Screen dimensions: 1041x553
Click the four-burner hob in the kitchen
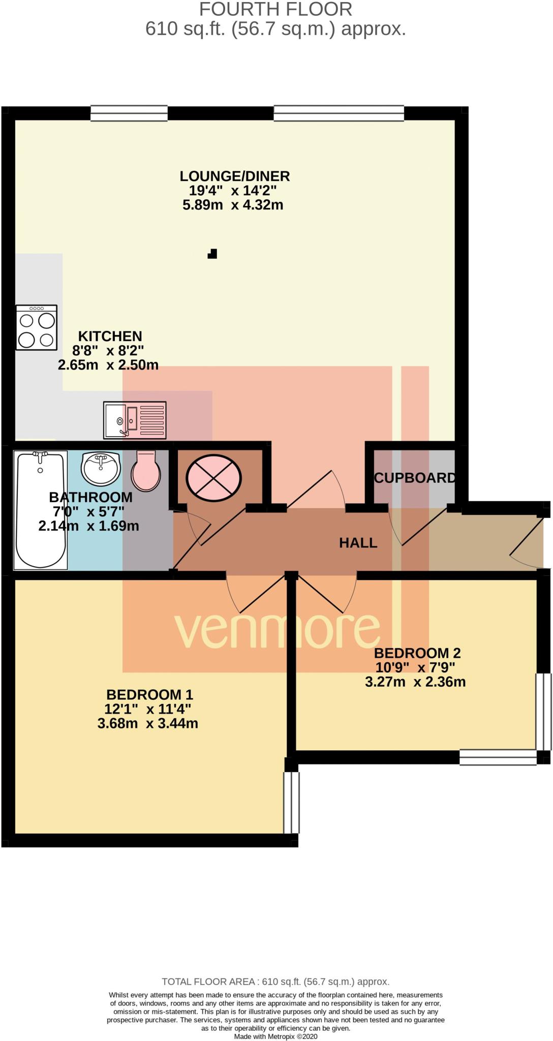(x=36, y=327)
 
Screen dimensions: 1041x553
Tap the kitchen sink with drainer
(x=135, y=420)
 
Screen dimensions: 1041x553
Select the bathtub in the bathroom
(x=41, y=510)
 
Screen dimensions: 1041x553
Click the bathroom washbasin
(x=101, y=468)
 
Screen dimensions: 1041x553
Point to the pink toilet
(x=146, y=471)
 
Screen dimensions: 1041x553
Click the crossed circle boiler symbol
(x=213, y=478)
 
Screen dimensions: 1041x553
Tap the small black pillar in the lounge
(x=212, y=254)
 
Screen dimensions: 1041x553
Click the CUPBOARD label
(x=414, y=478)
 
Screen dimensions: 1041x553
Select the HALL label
(x=358, y=543)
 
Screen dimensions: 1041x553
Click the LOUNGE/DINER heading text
(x=234, y=176)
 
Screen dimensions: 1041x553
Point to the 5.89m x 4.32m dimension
(x=232, y=205)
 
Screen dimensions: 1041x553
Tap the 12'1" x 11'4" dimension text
(x=147, y=709)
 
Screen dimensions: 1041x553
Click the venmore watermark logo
(x=277, y=630)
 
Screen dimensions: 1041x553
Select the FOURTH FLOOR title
(x=275, y=9)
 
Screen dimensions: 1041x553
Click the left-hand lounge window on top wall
(x=129, y=113)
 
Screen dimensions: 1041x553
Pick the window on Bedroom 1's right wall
(x=291, y=803)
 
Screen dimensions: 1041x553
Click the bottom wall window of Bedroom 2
(x=498, y=757)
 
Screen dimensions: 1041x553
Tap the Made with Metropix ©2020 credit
(x=275, y=1036)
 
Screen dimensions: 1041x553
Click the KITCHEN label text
(x=110, y=336)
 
